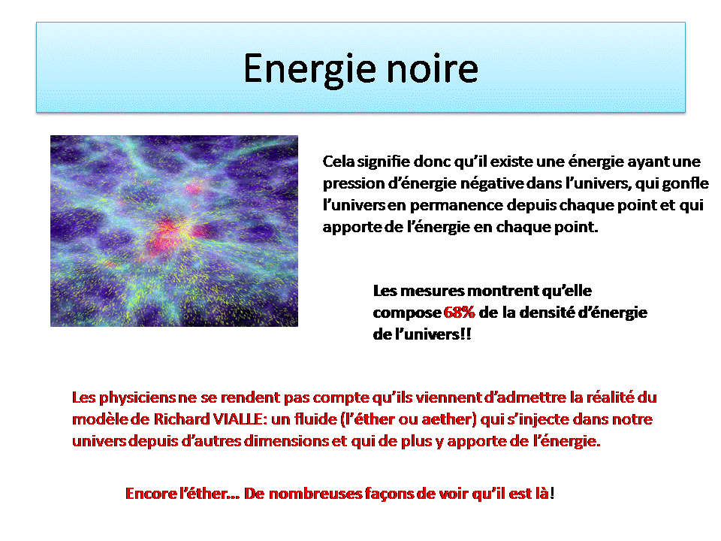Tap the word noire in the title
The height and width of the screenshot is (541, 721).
click(433, 68)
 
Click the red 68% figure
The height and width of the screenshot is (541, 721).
click(459, 313)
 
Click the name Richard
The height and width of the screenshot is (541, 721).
click(182, 419)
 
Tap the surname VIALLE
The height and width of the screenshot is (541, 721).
click(239, 419)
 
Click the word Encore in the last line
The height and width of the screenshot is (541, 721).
click(151, 494)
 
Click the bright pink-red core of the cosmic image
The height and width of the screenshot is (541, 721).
click(167, 230)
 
